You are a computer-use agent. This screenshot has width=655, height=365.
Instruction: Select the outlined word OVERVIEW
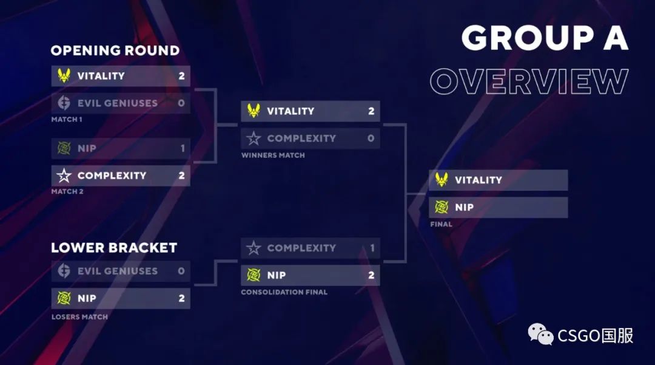(528, 82)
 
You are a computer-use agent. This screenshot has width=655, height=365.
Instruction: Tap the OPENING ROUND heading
(115, 50)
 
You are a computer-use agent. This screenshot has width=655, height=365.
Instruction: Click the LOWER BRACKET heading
(114, 248)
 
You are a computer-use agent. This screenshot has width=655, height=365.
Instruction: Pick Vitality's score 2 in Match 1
(181, 76)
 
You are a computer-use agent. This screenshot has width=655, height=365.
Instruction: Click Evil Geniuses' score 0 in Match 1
(181, 103)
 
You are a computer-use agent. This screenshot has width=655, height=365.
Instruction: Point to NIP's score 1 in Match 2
(181, 148)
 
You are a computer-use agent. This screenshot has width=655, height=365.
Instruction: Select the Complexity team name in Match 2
(112, 176)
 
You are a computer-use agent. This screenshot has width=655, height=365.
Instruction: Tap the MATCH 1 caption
(67, 120)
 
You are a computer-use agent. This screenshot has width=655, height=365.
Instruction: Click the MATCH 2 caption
(67, 192)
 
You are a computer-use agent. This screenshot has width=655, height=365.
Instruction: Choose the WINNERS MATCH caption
(273, 155)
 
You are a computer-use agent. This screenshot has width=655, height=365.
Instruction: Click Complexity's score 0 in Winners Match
(371, 138)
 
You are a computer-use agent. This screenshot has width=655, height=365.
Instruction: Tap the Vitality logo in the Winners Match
(254, 111)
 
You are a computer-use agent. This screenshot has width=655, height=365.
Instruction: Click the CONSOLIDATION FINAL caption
(284, 292)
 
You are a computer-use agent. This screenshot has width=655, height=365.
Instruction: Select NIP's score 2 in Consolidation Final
(371, 275)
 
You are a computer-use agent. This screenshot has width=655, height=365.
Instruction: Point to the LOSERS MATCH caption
(79, 317)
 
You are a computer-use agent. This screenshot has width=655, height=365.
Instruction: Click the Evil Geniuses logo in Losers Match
(64, 271)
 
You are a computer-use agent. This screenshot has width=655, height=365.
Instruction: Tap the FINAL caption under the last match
(441, 225)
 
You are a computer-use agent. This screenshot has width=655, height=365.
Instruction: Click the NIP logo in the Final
(442, 208)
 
